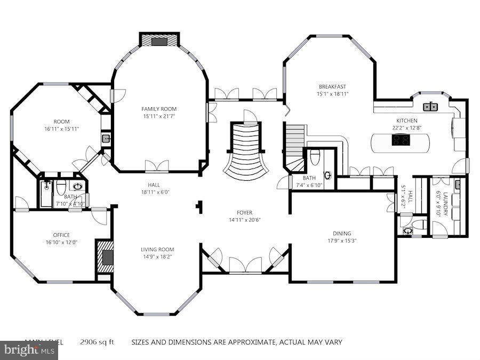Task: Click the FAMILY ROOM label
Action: [159, 109]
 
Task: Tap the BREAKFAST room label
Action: [332, 87]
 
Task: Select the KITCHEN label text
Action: [406, 121]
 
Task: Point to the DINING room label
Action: [342, 234]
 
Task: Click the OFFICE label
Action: [61, 235]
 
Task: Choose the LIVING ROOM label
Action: [157, 250]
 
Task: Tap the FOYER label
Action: [245, 212]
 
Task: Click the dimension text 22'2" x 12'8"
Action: [406, 128]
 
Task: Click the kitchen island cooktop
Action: [401, 140]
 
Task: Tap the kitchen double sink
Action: [430, 107]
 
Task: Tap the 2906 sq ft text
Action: [98, 342]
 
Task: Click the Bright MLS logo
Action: [29, 350]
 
